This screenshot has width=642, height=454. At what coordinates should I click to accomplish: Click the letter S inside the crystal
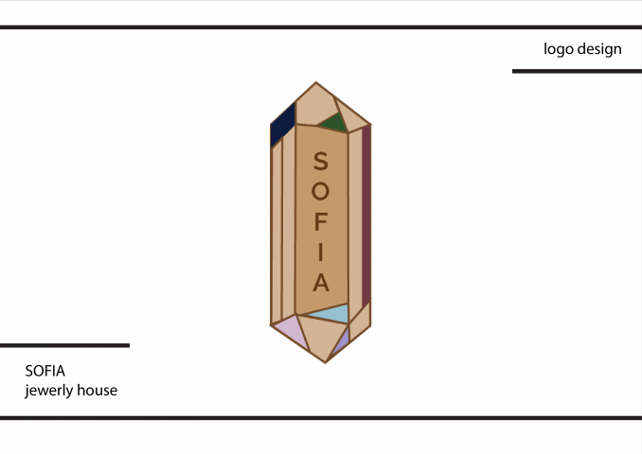point(321,161)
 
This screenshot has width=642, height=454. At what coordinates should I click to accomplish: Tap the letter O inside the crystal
point(321,191)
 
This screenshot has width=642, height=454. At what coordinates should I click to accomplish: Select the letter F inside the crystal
point(321,221)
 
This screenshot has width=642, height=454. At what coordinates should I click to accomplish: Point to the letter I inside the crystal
point(321,252)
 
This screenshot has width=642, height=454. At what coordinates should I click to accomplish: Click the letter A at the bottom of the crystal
point(321,282)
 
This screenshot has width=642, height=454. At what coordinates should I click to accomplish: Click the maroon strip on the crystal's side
point(366,216)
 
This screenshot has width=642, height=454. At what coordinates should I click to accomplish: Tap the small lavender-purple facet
point(342,341)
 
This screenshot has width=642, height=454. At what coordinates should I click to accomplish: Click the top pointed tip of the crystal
point(315,82)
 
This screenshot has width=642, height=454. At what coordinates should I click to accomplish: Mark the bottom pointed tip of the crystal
point(326,362)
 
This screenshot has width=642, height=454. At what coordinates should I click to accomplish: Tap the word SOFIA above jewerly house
point(45,371)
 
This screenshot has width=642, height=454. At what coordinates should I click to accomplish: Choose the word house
point(98,391)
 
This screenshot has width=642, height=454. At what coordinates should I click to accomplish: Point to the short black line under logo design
point(577,71)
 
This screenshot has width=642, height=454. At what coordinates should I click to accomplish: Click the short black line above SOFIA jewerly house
point(64,345)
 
